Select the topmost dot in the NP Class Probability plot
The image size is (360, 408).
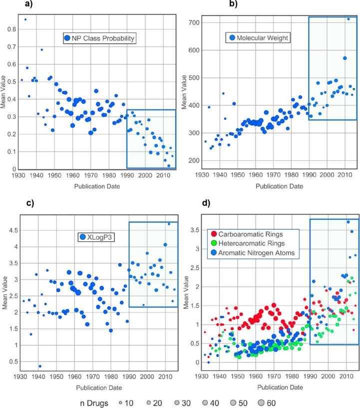(25, 19)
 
